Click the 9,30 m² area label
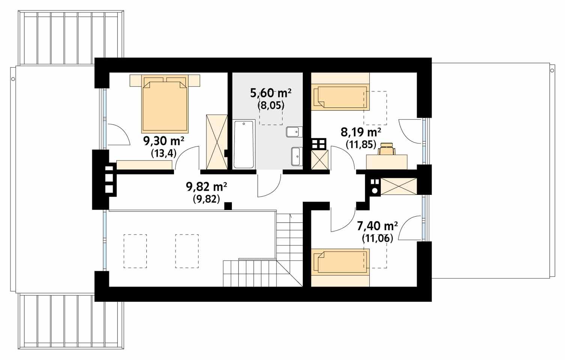(x=164, y=141)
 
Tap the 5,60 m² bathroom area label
(x=271, y=93)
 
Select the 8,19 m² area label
(x=361, y=132)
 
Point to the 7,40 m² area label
(x=377, y=226)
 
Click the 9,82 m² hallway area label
(x=206, y=187)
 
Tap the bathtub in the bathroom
(x=244, y=144)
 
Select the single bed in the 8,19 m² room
(x=340, y=97)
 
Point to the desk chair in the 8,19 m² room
(x=386, y=149)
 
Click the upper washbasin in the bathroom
(x=293, y=132)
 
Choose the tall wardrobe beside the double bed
(x=217, y=142)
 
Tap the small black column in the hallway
(x=227, y=206)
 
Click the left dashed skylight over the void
(x=135, y=251)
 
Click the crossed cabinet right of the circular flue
(x=399, y=187)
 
